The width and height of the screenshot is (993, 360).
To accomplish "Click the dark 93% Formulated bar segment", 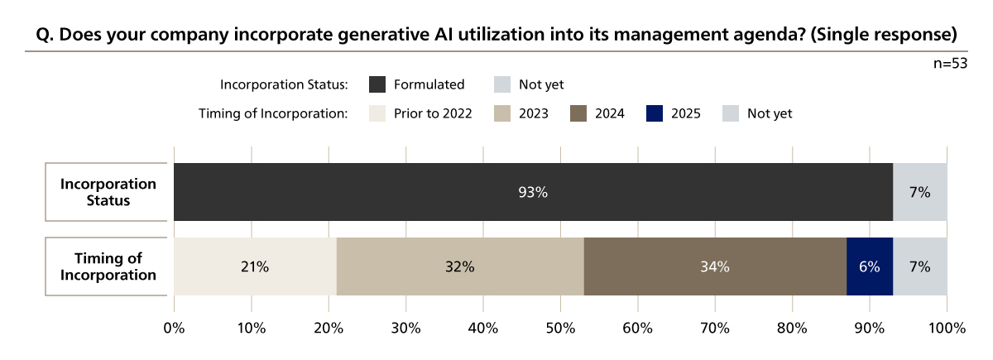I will (x=533, y=192).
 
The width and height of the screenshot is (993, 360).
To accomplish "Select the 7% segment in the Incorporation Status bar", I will (x=919, y=192).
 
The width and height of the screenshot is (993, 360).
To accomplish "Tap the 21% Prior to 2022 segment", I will (x=255, y=266).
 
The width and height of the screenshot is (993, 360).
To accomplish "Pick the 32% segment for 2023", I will (x=459, y=266).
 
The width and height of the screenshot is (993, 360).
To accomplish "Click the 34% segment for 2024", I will (x=715, y=266).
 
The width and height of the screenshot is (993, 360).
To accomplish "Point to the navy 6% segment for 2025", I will (x=869, y=266).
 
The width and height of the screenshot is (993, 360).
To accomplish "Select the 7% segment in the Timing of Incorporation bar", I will (x=919, y=266).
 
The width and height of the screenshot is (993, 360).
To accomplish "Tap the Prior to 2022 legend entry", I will (x=420, y=113).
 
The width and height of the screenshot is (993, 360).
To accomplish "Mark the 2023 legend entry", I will (x=520, y=113).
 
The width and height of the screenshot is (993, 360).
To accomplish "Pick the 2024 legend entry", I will (x=597, y=113).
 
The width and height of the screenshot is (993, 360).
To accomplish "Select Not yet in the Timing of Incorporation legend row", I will (x=758, y=113).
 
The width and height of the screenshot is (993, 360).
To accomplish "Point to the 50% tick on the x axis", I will (x=560, y=327).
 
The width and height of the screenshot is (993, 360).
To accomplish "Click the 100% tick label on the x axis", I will (x=947, y=327).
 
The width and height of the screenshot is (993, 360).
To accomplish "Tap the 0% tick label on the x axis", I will (x=175, y=327).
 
